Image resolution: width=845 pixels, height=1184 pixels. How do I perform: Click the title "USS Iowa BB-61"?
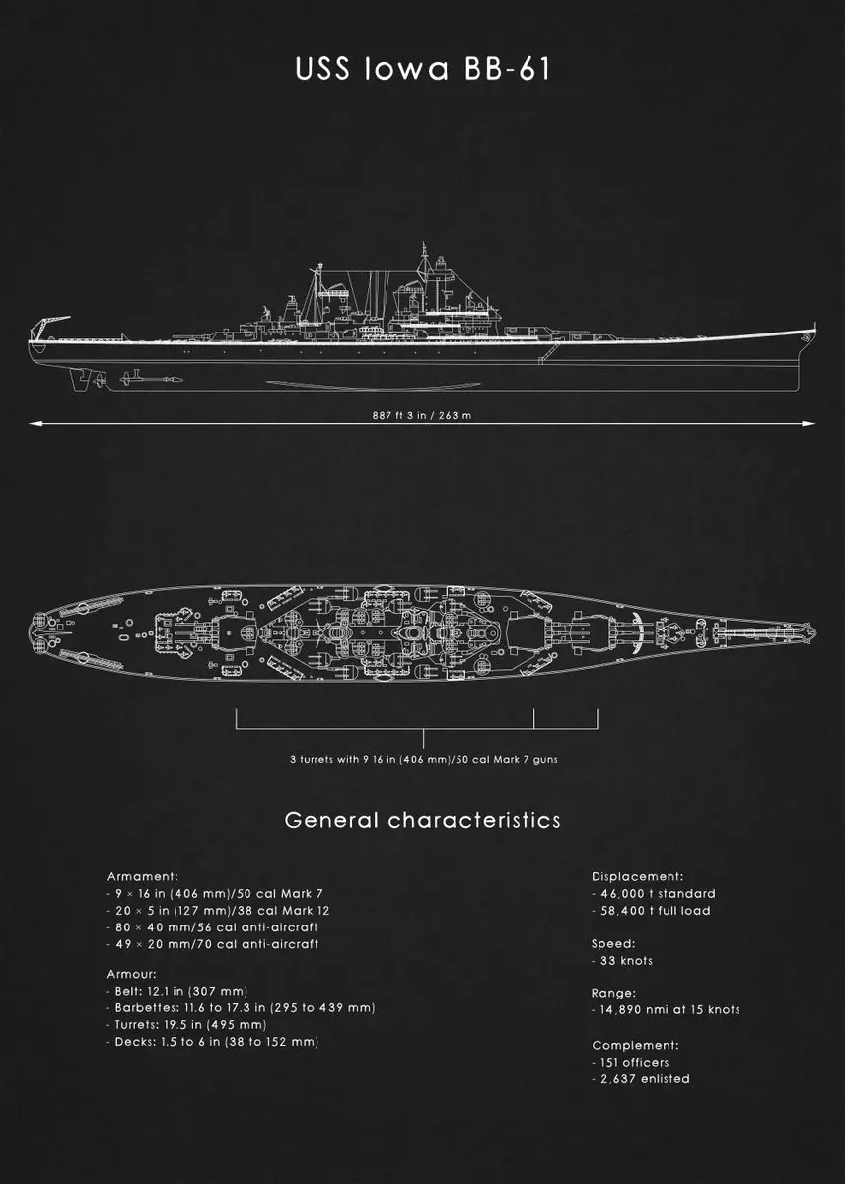tap(422, 71)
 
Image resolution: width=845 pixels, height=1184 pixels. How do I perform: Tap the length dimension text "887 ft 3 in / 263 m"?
tap(422, 415)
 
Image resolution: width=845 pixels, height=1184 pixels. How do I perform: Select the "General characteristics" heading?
tap(422, 820)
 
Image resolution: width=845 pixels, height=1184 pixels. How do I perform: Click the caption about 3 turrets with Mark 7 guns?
tap(423, 759)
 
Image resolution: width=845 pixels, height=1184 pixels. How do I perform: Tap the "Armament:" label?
tap(142, 876)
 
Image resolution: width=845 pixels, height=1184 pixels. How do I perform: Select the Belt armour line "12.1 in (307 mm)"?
tap(177, 991)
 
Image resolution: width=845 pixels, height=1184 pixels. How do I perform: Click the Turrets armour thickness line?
tap(177, 1024)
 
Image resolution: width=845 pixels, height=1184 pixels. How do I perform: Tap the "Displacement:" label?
tap(637, 876)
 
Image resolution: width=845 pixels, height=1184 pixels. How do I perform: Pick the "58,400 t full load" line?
tap(651, 910)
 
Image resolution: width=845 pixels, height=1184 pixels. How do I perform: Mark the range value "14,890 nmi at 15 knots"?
tap(666, 1009)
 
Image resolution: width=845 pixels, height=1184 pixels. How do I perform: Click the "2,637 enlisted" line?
tap(641, 1078)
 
